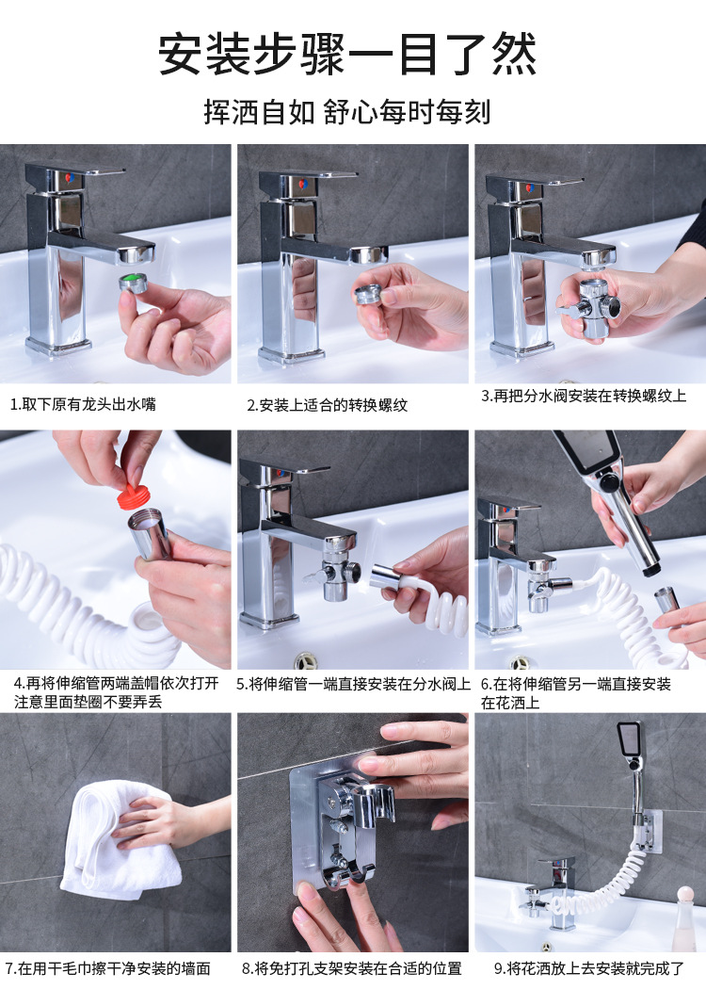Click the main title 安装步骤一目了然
click(347, 55)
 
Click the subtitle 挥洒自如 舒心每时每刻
click(347, 112)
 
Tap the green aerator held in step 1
click(134, 283)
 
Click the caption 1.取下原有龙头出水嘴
click(83, 404)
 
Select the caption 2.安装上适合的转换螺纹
click(327, 405)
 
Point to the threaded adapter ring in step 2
click(369, 294)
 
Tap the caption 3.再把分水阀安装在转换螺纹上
click(584, 396)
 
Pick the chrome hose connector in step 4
click(150, 533)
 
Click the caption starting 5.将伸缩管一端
click(353, 684)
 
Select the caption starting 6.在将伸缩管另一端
click(576, 693)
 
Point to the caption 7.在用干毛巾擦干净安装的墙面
click(107, 968)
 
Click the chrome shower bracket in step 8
click(351, 830)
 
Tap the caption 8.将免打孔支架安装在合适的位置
click(352, 968)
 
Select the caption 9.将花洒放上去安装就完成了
click(589, 968)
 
